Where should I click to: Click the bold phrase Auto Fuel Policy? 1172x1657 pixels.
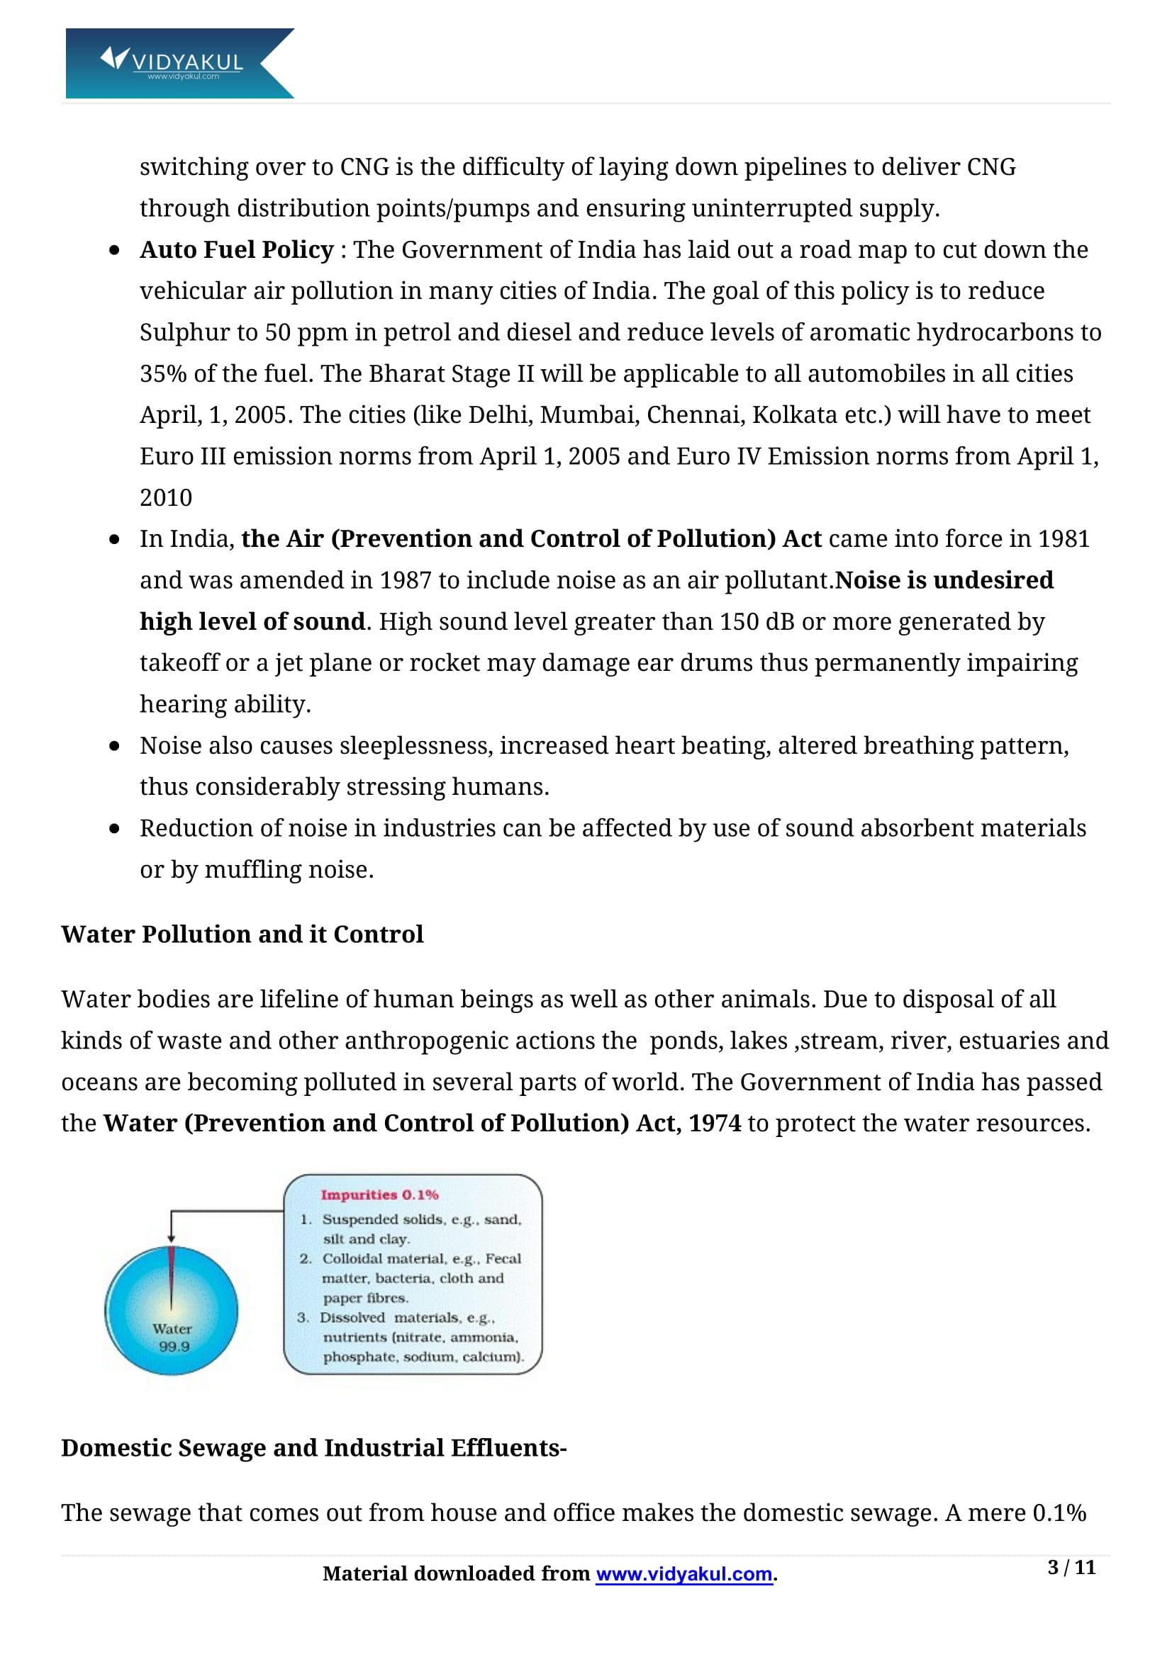click(x=236, y=249)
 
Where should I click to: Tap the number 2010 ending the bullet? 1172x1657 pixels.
click(x=165, y=498)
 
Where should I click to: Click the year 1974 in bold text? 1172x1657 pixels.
click(x=714, y=1123)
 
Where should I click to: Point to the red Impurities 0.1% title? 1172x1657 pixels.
click(x=379, y=1194)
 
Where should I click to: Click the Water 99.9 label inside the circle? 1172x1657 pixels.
click(x=172, y=1337)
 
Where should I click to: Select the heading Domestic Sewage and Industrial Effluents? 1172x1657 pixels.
click(x=313, y=1448)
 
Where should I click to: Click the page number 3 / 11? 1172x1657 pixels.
click(x=1071, y=1567)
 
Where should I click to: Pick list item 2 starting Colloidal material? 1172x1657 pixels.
click(x=421, y=1258)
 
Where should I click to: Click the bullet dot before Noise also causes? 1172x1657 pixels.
click(x=114, y=746)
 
